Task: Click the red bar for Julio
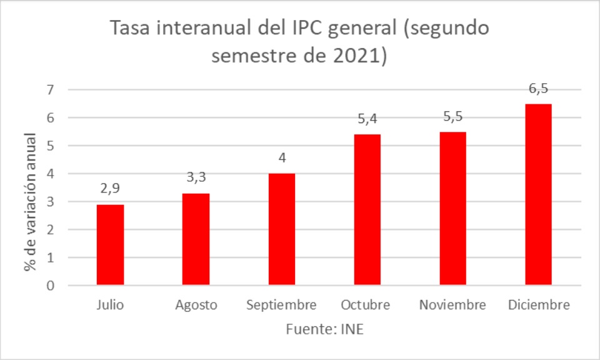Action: click(x=110, y=245)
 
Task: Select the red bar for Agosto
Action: click(x=196, y=239)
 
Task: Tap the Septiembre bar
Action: click(x=281, y=229)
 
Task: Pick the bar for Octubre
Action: click(x=367, y=210)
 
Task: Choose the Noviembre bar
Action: click(x=452, y=209)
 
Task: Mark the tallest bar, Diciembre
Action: click(x=538, y=194)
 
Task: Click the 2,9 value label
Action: click(x=110, y=188)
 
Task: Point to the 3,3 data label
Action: click(x=196, y=177)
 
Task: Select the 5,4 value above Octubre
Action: click(x=367, y=118)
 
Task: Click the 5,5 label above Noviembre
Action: click(x=452, y=116)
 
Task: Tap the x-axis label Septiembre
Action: click(x=281, y=306)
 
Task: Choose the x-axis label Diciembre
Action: click(x=538, y=306)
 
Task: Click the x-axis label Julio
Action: click(x=110, y=306)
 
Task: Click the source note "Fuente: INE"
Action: click(x=324, y=329)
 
